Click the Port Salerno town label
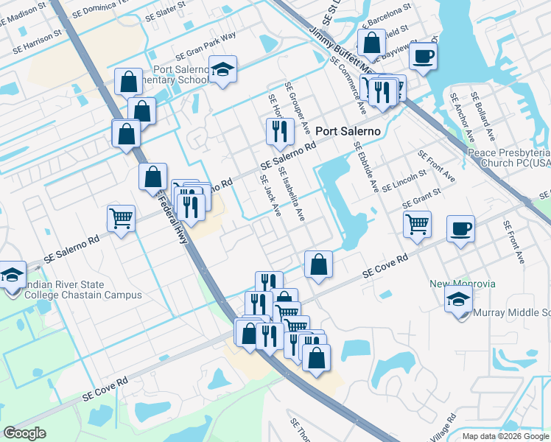[x=348, y=131]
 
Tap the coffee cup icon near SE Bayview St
[x=423, y=56]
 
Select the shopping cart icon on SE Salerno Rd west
[x=121, y=217]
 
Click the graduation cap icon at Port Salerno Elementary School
[x=222, y=70]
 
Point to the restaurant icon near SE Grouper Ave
[x=278, y=131]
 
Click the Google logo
[x=24, y=433]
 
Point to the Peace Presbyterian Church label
[x=508, y=158]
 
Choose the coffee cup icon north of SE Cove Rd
[x=460, y=229]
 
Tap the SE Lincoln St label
[x=404, y=182]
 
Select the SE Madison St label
[x=23, y=11]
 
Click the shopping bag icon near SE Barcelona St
[x=371, y=43]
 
